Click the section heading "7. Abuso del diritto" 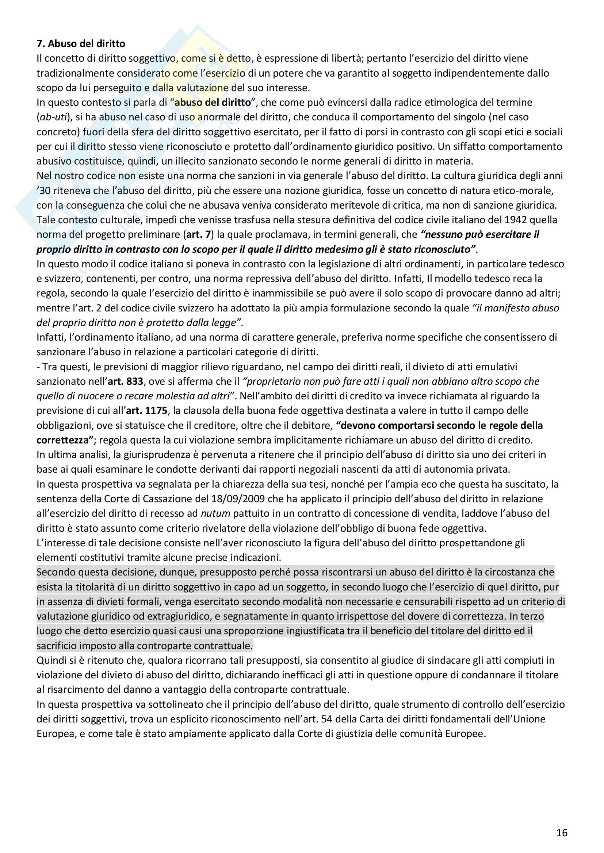tap(81, 44)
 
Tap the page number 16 tap(562, 833)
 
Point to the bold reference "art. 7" tap(198, 234)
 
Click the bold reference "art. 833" tap(125, 381)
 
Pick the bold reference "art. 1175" tap(147, 411)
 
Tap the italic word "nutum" tap(215, 513)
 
